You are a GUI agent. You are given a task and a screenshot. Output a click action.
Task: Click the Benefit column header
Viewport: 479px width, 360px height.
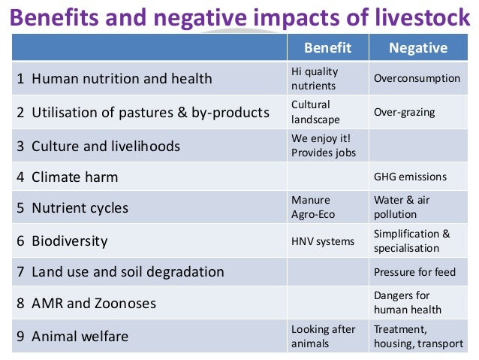[x=327, y=48]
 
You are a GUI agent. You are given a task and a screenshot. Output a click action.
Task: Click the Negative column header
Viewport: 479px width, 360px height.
[x=417, y=48]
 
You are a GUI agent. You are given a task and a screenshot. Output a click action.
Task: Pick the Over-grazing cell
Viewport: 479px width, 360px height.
[x=405, y=112]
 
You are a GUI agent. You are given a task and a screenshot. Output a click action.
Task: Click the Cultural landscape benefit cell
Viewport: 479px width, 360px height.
[x=315, y=112]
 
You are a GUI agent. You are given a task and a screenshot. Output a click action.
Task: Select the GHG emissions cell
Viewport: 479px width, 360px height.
[x=410, y=177]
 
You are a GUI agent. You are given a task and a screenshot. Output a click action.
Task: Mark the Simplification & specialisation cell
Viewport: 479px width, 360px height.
[x=411, y=241]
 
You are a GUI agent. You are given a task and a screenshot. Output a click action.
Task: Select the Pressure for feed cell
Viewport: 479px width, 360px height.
[x=414, y=272]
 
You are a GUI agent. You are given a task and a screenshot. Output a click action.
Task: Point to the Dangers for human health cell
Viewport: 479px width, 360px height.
[x=408, y=303]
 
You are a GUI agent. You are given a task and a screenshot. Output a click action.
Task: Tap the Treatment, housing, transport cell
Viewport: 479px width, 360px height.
[x=418, y=336]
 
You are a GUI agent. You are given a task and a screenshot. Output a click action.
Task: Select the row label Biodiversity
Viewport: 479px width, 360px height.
[x=69, y=241]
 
